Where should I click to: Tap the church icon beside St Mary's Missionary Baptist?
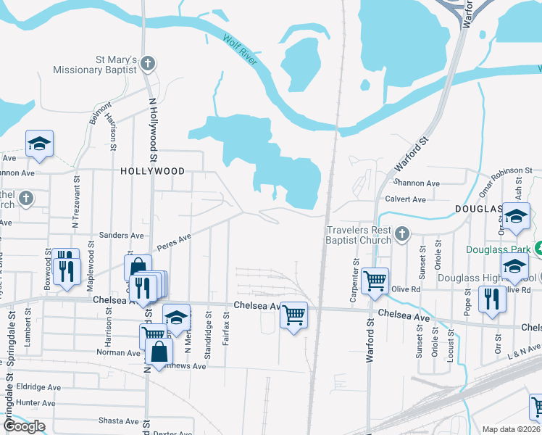(x=148, y=64)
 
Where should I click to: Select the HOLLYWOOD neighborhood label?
(x=152, y=171)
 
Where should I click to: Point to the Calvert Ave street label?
(x=405, y=199)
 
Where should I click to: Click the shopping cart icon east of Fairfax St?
(x=293, y=315)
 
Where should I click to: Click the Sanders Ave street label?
(x=121, y=236)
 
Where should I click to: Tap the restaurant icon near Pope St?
(x=492, y=299)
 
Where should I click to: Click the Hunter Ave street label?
(x=36, y=403)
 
